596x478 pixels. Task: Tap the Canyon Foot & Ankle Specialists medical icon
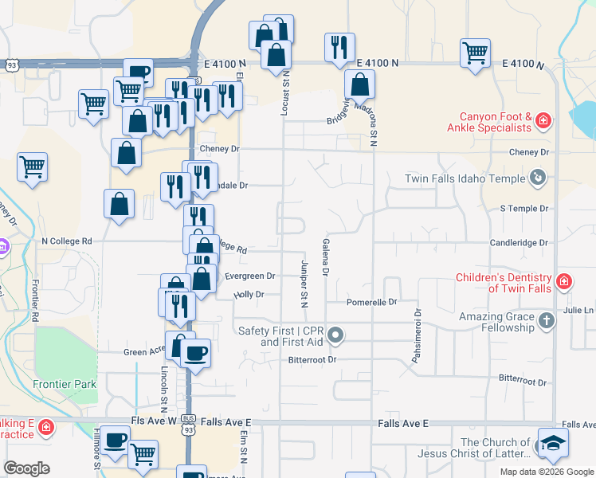click(543, 121)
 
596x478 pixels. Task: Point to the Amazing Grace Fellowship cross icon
click(546, 321)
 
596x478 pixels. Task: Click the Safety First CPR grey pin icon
click(335, 335)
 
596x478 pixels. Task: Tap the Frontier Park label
click(65, 384)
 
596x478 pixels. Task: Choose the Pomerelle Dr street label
click(371, 303)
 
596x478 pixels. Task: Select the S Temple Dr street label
click(524, 208)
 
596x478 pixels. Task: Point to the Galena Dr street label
click(325, 257)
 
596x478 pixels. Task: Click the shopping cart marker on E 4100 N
click(475, 53)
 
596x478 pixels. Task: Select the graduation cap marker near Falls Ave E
click(553, 443)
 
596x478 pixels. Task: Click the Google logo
click(26, 468)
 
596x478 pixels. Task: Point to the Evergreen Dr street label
click(249, 276)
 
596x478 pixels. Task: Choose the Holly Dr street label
click(248, 295)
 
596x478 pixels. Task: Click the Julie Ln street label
click(578, 311)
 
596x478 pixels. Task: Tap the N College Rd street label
click(67, 241)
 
